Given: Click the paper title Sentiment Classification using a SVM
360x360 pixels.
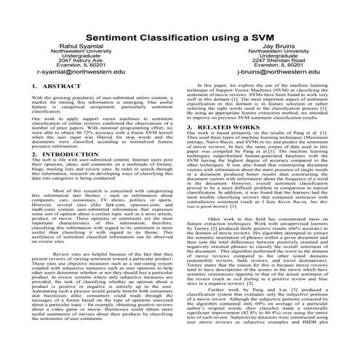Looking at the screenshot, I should (180, 36).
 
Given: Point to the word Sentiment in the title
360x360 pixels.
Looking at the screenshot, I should (114, 36).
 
